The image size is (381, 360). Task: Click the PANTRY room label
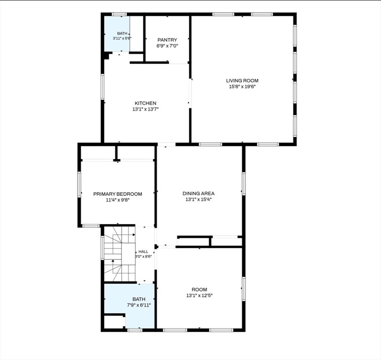(x=167, y=40)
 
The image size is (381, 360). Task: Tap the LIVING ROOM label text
(x=242, y=81)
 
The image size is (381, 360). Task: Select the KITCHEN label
(x=146, y=103)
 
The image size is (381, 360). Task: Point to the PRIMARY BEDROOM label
(x=118, y=194)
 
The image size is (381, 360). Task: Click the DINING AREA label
(x=199, y=194)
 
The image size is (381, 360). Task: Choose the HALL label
(x=143, y=252)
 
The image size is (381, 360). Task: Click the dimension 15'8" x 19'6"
(x=242, y=87)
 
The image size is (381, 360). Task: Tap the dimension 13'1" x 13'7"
(x=146, y=109)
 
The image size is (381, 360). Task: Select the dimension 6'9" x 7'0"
(x=167, y=46)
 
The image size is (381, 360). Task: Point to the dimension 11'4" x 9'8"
(x=118, y=200)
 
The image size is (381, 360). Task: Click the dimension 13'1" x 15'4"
(x=199, y=200)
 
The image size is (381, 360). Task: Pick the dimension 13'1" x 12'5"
(x=200, y=296)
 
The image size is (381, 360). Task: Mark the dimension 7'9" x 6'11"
(x=139, y=305)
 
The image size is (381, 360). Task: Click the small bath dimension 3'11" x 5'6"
(x=122, y=38)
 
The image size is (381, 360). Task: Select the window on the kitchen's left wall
(x=103, y=87)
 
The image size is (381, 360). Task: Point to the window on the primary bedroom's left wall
(x=79, y=184)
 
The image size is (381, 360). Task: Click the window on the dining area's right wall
(x=244, y=183)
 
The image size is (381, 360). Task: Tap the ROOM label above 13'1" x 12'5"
(x=200, y=290)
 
